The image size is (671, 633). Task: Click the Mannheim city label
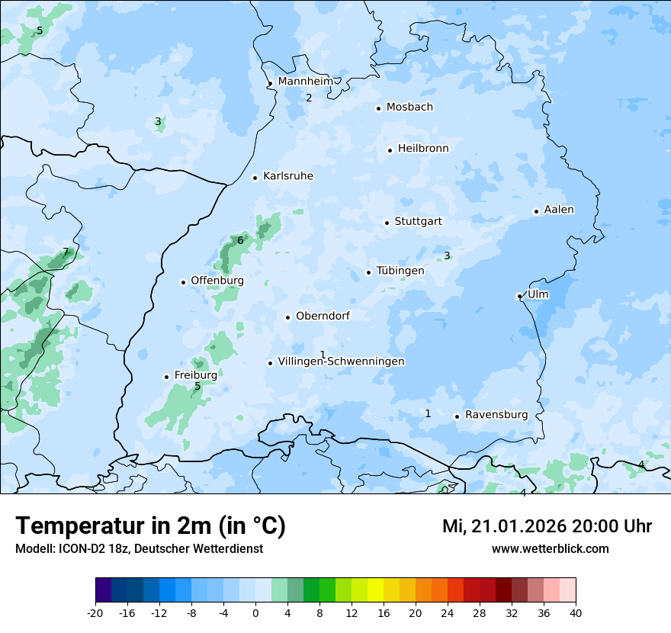click(x=306, y=81)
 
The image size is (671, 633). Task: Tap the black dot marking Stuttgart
click(x=387, y=223)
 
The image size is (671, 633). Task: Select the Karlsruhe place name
click(x=288, y=176)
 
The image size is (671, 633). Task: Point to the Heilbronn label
click(x=423, y=149)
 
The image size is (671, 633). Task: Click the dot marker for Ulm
click(x=519, y=296)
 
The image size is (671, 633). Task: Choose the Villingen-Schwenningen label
click(x=341, y=361)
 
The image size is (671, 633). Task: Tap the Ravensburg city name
click(x=496, y=415)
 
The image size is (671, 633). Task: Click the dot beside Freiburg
click(x=166, y=377)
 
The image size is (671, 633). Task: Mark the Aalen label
click(x=559, y=210)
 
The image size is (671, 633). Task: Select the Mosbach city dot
click(x=378, y=108)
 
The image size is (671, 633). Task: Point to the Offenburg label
click(x=217, y=281)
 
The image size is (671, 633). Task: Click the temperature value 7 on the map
click(x=66, y=252)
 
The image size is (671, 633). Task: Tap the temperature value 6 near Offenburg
click(x=240, y=240)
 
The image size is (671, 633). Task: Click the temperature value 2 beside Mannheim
click(x=309, y=98)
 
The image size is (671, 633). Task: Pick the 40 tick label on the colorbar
click(x=576, y=612)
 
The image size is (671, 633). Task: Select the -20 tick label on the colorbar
click(x=95, y=612)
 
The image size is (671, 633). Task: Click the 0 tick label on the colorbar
click(x=255, y=612)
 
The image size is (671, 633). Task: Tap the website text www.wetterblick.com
click(x=550, y=548)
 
